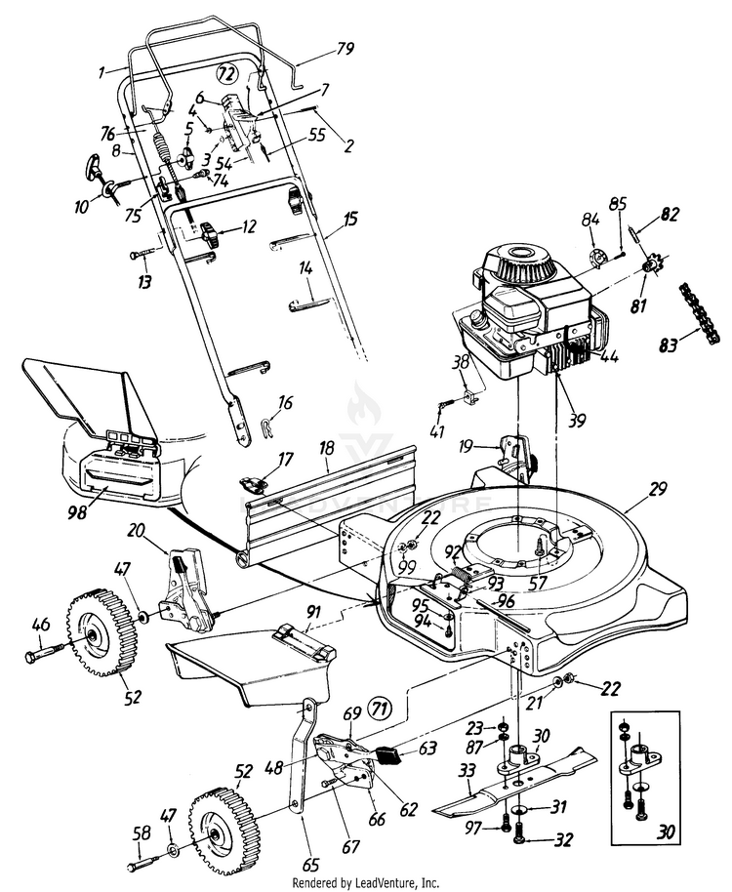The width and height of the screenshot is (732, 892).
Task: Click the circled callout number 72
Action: click(226, 73)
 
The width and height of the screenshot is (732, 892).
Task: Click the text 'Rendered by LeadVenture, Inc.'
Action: click(366, 882)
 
